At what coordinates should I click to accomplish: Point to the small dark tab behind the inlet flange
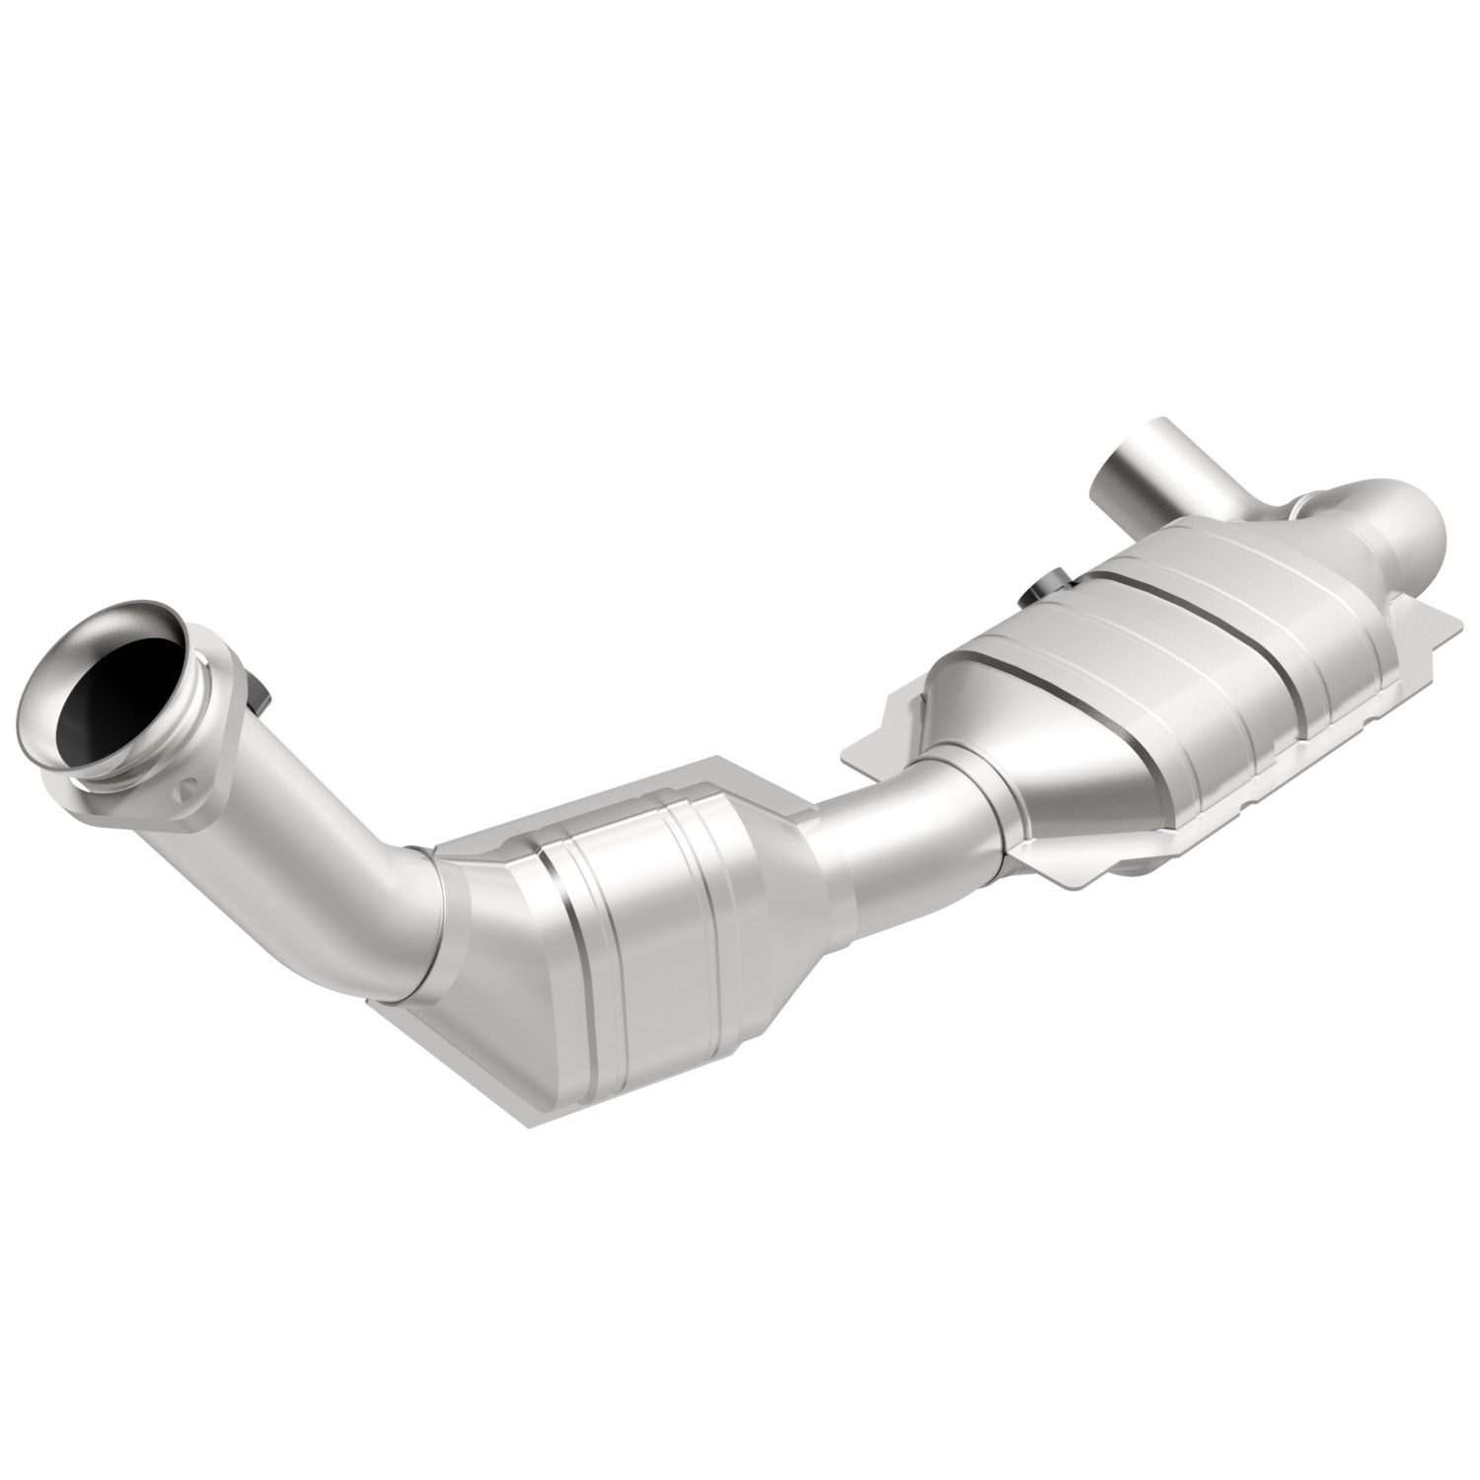tap(259, 691)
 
